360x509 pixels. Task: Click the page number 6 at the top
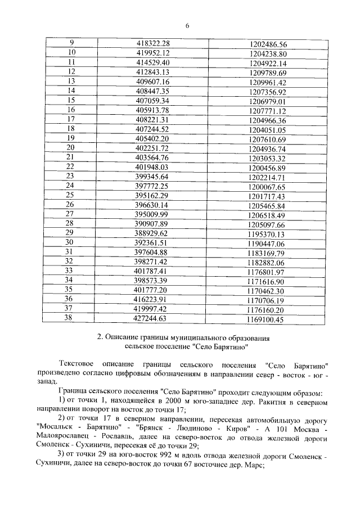[x=187, y=25]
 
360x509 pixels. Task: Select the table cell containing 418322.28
[x=153, y=43]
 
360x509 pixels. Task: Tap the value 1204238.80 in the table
[x=268, y=53]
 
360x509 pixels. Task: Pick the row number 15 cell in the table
[x=71, y=101]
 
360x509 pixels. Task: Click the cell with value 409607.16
[x=153, y=82]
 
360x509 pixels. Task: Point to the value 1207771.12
[x=268, y=111]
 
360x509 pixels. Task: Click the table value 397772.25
[x=153, y=186]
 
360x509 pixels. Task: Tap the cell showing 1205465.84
[x=268, y=205]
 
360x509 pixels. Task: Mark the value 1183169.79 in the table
[x=268, y=253]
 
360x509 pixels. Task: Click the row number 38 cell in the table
[x=71, y=318]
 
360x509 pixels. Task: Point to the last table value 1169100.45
[x=268, y=319]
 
